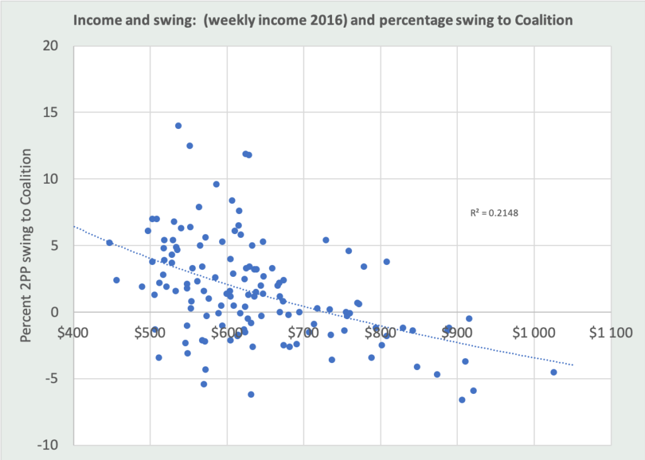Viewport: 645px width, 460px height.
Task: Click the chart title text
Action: pos(322,20)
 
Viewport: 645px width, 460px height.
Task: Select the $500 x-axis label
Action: pos(151,332)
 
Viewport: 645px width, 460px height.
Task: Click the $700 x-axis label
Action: pos(304,332)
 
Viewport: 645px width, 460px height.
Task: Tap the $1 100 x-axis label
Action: pos(610,332)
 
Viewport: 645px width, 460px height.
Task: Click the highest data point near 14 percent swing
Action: pos(178,126)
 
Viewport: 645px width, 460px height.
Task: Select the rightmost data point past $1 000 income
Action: pos(554,372)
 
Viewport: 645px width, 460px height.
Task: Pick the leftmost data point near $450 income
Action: pos(110,243)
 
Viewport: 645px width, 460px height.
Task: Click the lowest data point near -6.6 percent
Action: pos(462,400)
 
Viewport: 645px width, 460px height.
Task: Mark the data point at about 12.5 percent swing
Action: pos(190,145)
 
